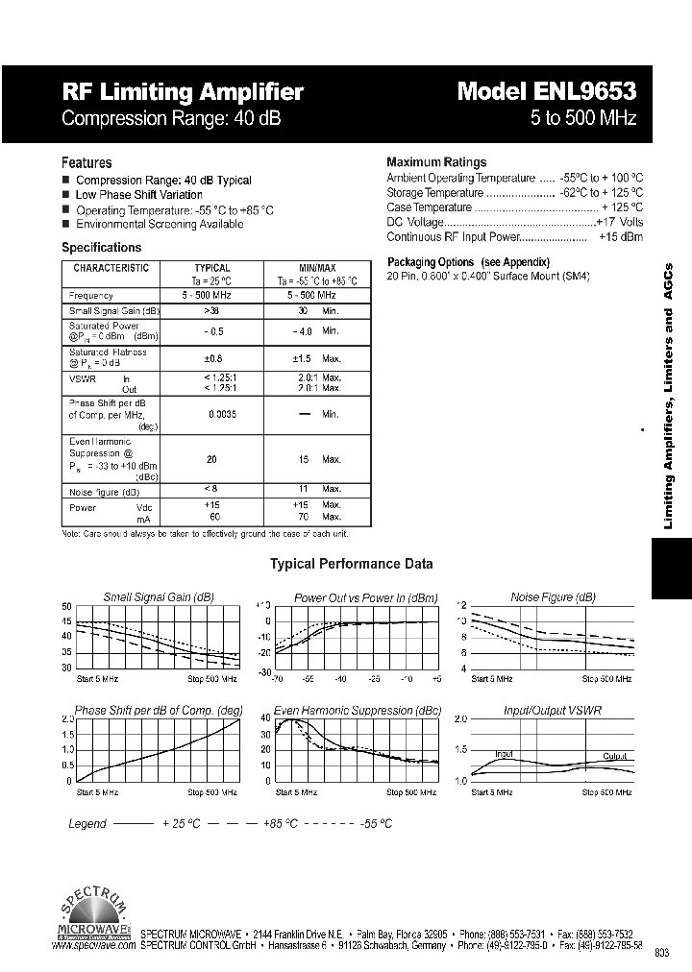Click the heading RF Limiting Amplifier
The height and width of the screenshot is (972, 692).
(x=183, y=92)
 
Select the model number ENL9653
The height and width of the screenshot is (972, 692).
(x=547, y=92)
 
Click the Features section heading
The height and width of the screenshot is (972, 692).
(x=86, y=163)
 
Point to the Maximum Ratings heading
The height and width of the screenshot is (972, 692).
(x=436, y=162)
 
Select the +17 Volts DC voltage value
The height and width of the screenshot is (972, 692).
(x=619, y=222)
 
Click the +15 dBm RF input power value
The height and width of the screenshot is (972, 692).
(x=620, y=236)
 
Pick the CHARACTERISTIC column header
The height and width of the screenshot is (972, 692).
(x=111, y=268)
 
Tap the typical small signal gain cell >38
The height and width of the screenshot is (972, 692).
(x=212, y=311)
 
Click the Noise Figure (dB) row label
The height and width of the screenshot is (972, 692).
(x=110, y=491)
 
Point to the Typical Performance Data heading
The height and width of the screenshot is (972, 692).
(x=351, y=564)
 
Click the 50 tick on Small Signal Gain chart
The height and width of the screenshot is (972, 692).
(x=66, y=606)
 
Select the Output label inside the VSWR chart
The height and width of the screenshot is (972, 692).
(x=615, y=756)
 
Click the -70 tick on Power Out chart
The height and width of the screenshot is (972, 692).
(x=278, y=679)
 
